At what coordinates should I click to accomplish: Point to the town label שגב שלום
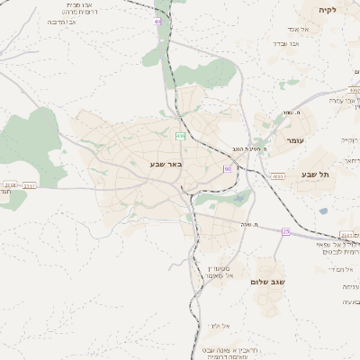tap(267, 282)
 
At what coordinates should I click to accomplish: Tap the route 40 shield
tap(158, 19)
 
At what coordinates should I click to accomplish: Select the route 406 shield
tap(180, 136)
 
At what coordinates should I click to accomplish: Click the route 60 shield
tap(227, 168)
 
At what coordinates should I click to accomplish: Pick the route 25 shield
tap(286, 231)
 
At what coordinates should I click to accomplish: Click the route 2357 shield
tap(30, 185)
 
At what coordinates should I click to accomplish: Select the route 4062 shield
tap(354, 90)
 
